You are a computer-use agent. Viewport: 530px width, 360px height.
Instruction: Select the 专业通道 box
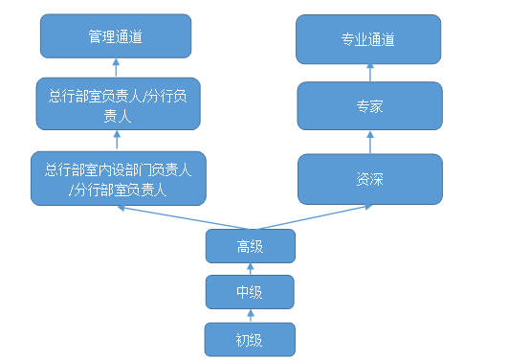[368, 39]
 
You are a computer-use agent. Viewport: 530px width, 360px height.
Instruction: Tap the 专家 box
[369, 105]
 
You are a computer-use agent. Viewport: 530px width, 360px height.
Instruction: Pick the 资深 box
[369, 179]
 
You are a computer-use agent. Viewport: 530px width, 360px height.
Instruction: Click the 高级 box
[250, 247]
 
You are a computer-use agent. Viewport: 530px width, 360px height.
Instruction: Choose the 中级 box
[250, 292]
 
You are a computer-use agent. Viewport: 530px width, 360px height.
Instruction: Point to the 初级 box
[250, 339]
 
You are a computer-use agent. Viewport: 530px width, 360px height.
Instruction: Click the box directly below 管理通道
[118, 103]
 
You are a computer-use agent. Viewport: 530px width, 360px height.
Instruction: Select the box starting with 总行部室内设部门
[118, 179]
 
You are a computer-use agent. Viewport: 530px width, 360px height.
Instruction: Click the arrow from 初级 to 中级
[250, 315]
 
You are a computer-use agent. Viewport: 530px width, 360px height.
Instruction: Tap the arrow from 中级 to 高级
[250, 269]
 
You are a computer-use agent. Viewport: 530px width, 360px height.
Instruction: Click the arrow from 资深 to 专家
[369, 142]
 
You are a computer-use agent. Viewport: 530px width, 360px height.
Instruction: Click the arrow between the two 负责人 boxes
[117, 141]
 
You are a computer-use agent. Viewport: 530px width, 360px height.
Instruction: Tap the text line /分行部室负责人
[118, 190]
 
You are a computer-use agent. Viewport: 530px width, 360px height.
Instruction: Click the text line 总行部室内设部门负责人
[118, 169]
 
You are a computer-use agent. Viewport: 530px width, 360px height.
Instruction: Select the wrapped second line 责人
[118, 114]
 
